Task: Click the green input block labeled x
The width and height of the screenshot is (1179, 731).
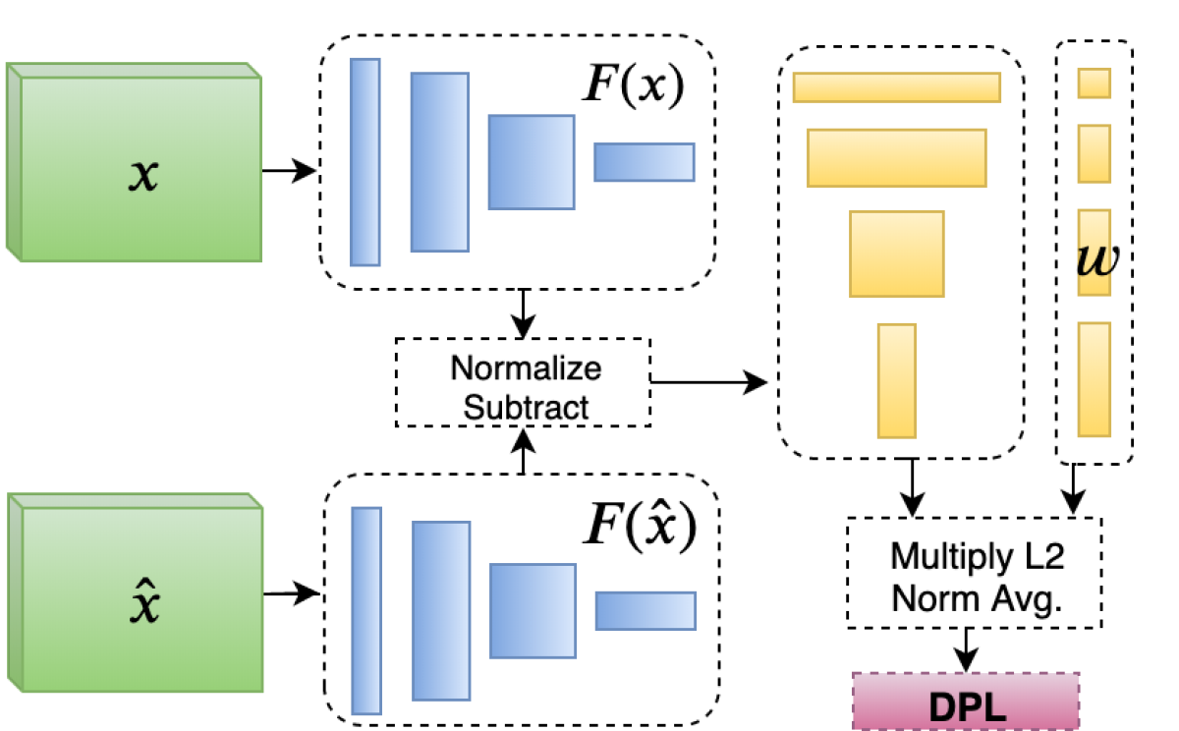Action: pos(138,167)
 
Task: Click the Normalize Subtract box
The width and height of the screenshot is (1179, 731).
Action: pos(523,382)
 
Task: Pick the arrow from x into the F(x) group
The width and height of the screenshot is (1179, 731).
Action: pos(290,171)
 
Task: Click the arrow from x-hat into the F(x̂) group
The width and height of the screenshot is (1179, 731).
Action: pos(293,593)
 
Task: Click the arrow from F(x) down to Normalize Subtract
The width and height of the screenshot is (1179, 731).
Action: pos(524,313)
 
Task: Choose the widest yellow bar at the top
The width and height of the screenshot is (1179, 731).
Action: pos(896,86)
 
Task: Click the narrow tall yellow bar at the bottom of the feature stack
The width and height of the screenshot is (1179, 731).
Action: pos(896,380)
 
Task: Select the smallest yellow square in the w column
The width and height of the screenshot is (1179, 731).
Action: pos(1094,84)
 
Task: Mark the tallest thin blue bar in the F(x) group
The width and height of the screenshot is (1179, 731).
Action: pos(365,162)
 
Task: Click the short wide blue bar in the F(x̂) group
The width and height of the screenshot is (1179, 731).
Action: pos(646,610)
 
